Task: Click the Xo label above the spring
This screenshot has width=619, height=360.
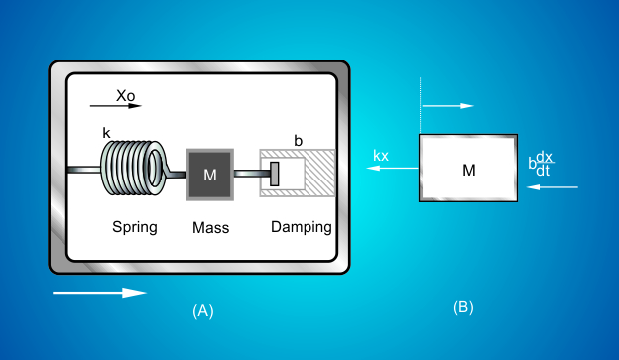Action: tap(125, 96)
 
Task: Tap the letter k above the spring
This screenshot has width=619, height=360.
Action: tap(107, 132)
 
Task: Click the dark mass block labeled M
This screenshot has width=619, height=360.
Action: tap(209, 175)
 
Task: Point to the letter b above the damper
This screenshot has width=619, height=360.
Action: tap(296, 139)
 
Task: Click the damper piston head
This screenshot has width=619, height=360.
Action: tap(275, 173)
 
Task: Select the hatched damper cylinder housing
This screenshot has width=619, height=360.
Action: tap(315, 174)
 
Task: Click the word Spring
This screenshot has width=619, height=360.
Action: tap(134, 226)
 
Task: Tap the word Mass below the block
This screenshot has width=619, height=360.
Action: tap(210, 227)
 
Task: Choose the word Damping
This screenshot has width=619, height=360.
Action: tap(302, 226)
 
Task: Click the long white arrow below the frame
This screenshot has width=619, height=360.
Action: tap(99, 293)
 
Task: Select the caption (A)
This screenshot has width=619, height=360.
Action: tap(202, 310)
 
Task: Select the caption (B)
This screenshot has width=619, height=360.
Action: tap(463, 307)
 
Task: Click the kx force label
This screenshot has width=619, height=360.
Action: tap(381, 156)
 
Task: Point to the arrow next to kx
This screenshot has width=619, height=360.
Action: tap(388, 169)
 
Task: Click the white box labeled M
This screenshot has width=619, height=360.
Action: tap(468, 169)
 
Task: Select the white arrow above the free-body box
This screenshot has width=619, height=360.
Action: tap(448, 104)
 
